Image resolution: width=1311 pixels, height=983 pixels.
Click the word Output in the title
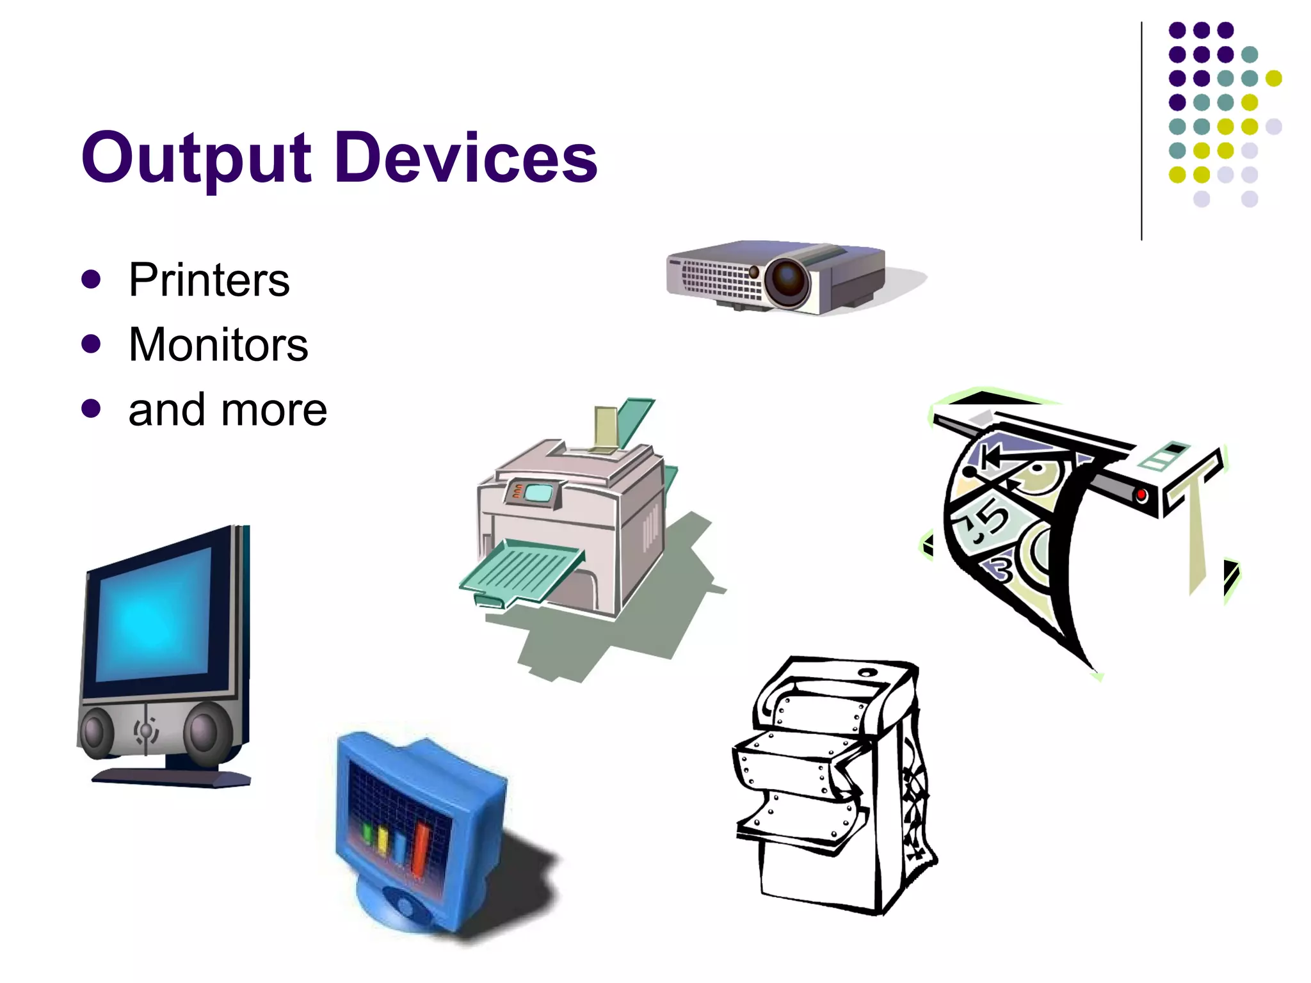(196, 157)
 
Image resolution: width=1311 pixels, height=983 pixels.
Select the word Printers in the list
(209, 280)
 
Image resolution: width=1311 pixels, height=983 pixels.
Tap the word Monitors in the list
(218, 345)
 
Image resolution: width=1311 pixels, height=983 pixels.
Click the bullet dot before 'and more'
(92, 408)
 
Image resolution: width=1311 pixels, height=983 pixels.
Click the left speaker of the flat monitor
(96, 733)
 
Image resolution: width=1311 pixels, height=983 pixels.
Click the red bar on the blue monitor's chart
(421, 848)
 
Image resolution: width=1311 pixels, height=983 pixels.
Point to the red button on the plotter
(1141, 495)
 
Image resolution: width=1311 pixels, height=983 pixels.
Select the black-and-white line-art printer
(832, 787)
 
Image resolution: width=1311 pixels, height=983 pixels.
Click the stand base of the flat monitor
(172, 778)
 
